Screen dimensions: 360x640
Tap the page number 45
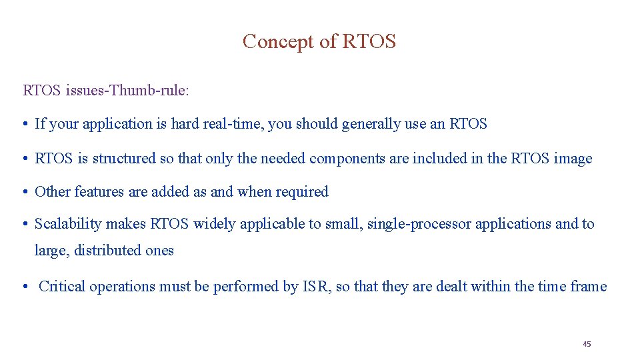587,344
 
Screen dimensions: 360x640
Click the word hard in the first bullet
185,124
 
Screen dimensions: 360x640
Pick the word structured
124,159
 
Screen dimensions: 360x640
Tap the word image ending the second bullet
573,159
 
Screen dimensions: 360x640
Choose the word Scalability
65,224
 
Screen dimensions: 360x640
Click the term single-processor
419,224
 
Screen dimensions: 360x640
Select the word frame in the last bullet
589,287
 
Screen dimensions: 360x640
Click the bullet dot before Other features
25,192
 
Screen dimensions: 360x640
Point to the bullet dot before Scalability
25,224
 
